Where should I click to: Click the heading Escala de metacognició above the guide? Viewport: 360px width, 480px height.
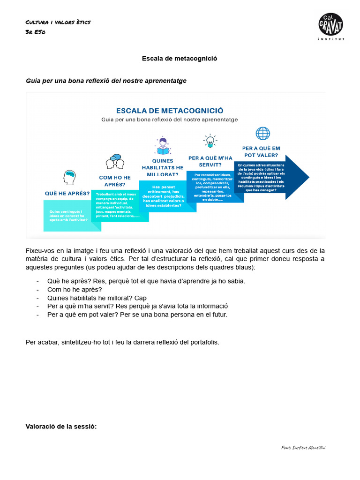tap(180, 59)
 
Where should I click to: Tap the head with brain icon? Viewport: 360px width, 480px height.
tap(69, 177)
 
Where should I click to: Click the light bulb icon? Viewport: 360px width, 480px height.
tap(210, 141)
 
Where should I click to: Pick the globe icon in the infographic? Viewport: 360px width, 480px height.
tap(262, 134)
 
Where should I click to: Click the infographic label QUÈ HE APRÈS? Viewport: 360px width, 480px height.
tap(67, 193)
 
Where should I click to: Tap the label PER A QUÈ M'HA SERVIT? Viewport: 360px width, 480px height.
tap(210, 161)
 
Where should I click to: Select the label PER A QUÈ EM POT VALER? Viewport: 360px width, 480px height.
tap(261, 151)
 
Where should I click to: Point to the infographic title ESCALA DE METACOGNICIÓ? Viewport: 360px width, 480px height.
tap(169, 111)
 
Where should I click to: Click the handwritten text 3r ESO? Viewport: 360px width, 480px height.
tap(35, 32)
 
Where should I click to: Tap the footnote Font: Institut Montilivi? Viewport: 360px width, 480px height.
tap(303, 447)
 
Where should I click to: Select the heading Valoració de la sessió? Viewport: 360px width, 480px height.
tap(61, 426)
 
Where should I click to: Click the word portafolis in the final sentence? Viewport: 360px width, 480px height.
tap(204, 342)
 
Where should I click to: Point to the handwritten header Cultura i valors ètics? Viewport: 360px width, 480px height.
tap(58, 22)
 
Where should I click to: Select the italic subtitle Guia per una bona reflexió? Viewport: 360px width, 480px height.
tap(106, 81)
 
